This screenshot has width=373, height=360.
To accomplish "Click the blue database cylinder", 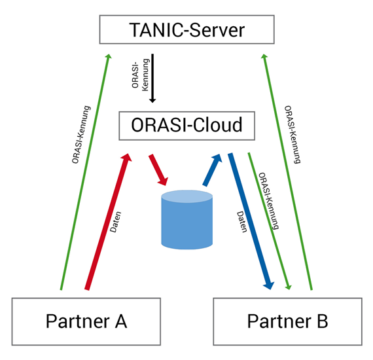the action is (x=186, y=220).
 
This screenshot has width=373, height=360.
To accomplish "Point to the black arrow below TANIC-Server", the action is (x=152, y=79).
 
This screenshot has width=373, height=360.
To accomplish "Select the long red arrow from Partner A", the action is (x=108, y=221).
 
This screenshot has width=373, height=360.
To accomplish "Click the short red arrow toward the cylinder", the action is (x=158, y=170).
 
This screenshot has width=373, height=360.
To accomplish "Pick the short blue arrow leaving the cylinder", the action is (x=212, y=170).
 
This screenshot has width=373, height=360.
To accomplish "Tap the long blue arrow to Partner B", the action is (x=251, y=221).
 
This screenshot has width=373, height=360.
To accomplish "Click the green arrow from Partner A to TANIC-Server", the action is (x=85, y=171).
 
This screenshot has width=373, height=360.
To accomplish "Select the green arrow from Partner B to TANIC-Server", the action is (x=287, y=171).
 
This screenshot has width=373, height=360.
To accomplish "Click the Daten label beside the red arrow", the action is (x=116, y=222).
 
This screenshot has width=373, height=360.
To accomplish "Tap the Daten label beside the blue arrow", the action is (x=242, y=222).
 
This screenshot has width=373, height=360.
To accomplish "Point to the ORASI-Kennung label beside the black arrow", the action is (x=140, y=75).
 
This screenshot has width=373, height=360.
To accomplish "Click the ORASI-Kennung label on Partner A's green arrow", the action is (x=81, y=135).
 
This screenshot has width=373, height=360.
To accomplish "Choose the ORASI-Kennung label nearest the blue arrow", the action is (x=268, y=201).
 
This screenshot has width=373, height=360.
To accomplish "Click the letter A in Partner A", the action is (x=121, y=321).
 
